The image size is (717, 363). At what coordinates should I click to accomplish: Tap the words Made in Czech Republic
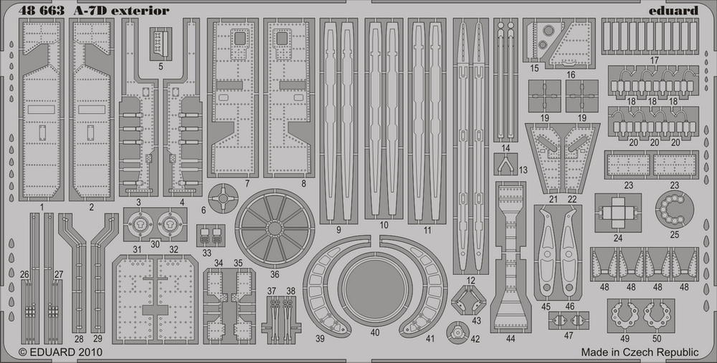click(x=640, y=352)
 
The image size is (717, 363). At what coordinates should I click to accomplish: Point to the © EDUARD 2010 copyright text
click(x=60, y=352)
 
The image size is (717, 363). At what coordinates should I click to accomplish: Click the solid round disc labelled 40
click(x=375, y=289)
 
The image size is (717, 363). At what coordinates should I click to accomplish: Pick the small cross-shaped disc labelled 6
click(x=223, y=198)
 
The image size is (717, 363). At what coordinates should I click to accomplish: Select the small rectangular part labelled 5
click(x=161, y=44)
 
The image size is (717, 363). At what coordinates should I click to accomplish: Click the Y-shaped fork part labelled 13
click(x=505, y=163)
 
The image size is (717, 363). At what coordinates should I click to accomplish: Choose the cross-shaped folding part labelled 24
click(x=618, y=213)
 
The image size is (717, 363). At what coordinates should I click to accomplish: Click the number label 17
click(x=654, y=60)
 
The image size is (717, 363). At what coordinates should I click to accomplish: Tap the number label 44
click(x=511, y=339)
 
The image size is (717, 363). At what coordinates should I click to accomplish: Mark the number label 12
click(x=471, y=280)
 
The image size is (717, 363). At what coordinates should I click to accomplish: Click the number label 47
click(x=569, y=336)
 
